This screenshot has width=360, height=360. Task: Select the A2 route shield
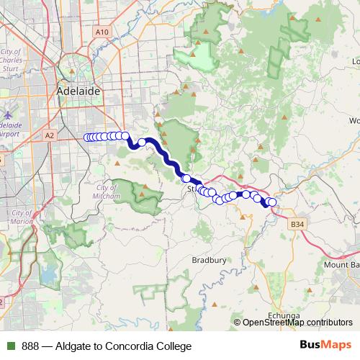[50, 135]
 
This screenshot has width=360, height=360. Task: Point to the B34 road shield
[297, 225]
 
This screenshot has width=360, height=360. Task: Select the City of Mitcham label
[106, 191]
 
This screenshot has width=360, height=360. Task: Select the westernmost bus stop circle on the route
[87, 137]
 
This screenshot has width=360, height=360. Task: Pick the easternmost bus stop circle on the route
[272, 203]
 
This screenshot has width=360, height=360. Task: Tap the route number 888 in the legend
[30, 346]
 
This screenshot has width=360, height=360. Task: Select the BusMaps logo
[325, 346]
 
